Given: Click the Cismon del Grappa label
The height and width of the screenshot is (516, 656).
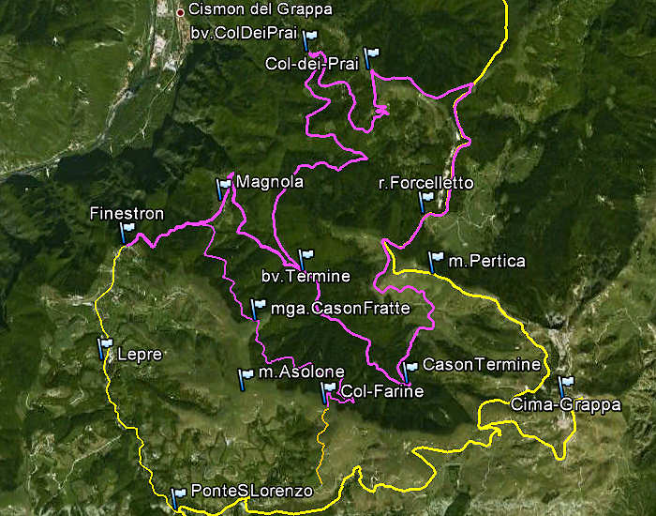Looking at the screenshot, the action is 247,10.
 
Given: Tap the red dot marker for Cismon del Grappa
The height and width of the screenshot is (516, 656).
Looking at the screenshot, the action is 181,12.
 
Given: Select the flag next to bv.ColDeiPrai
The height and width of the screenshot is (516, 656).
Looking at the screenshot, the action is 310,38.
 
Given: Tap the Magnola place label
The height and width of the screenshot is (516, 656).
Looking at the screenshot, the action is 270,183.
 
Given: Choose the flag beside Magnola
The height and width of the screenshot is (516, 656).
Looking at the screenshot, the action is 223,188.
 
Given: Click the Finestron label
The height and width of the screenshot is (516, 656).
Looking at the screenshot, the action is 127,214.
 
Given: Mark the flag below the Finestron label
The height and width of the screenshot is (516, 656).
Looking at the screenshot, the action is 127,231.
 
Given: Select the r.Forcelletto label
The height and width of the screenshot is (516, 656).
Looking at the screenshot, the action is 426,183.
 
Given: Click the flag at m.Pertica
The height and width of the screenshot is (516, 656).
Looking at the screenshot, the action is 435,260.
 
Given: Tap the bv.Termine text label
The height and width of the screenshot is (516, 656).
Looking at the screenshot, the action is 306,276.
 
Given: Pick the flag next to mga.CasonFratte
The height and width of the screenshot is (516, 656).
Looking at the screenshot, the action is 258,307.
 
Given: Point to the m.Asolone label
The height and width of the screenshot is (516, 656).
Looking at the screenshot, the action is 294,373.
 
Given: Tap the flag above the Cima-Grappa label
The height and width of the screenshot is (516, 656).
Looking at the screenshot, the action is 565,386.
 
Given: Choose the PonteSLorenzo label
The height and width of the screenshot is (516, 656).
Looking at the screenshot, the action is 250,491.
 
